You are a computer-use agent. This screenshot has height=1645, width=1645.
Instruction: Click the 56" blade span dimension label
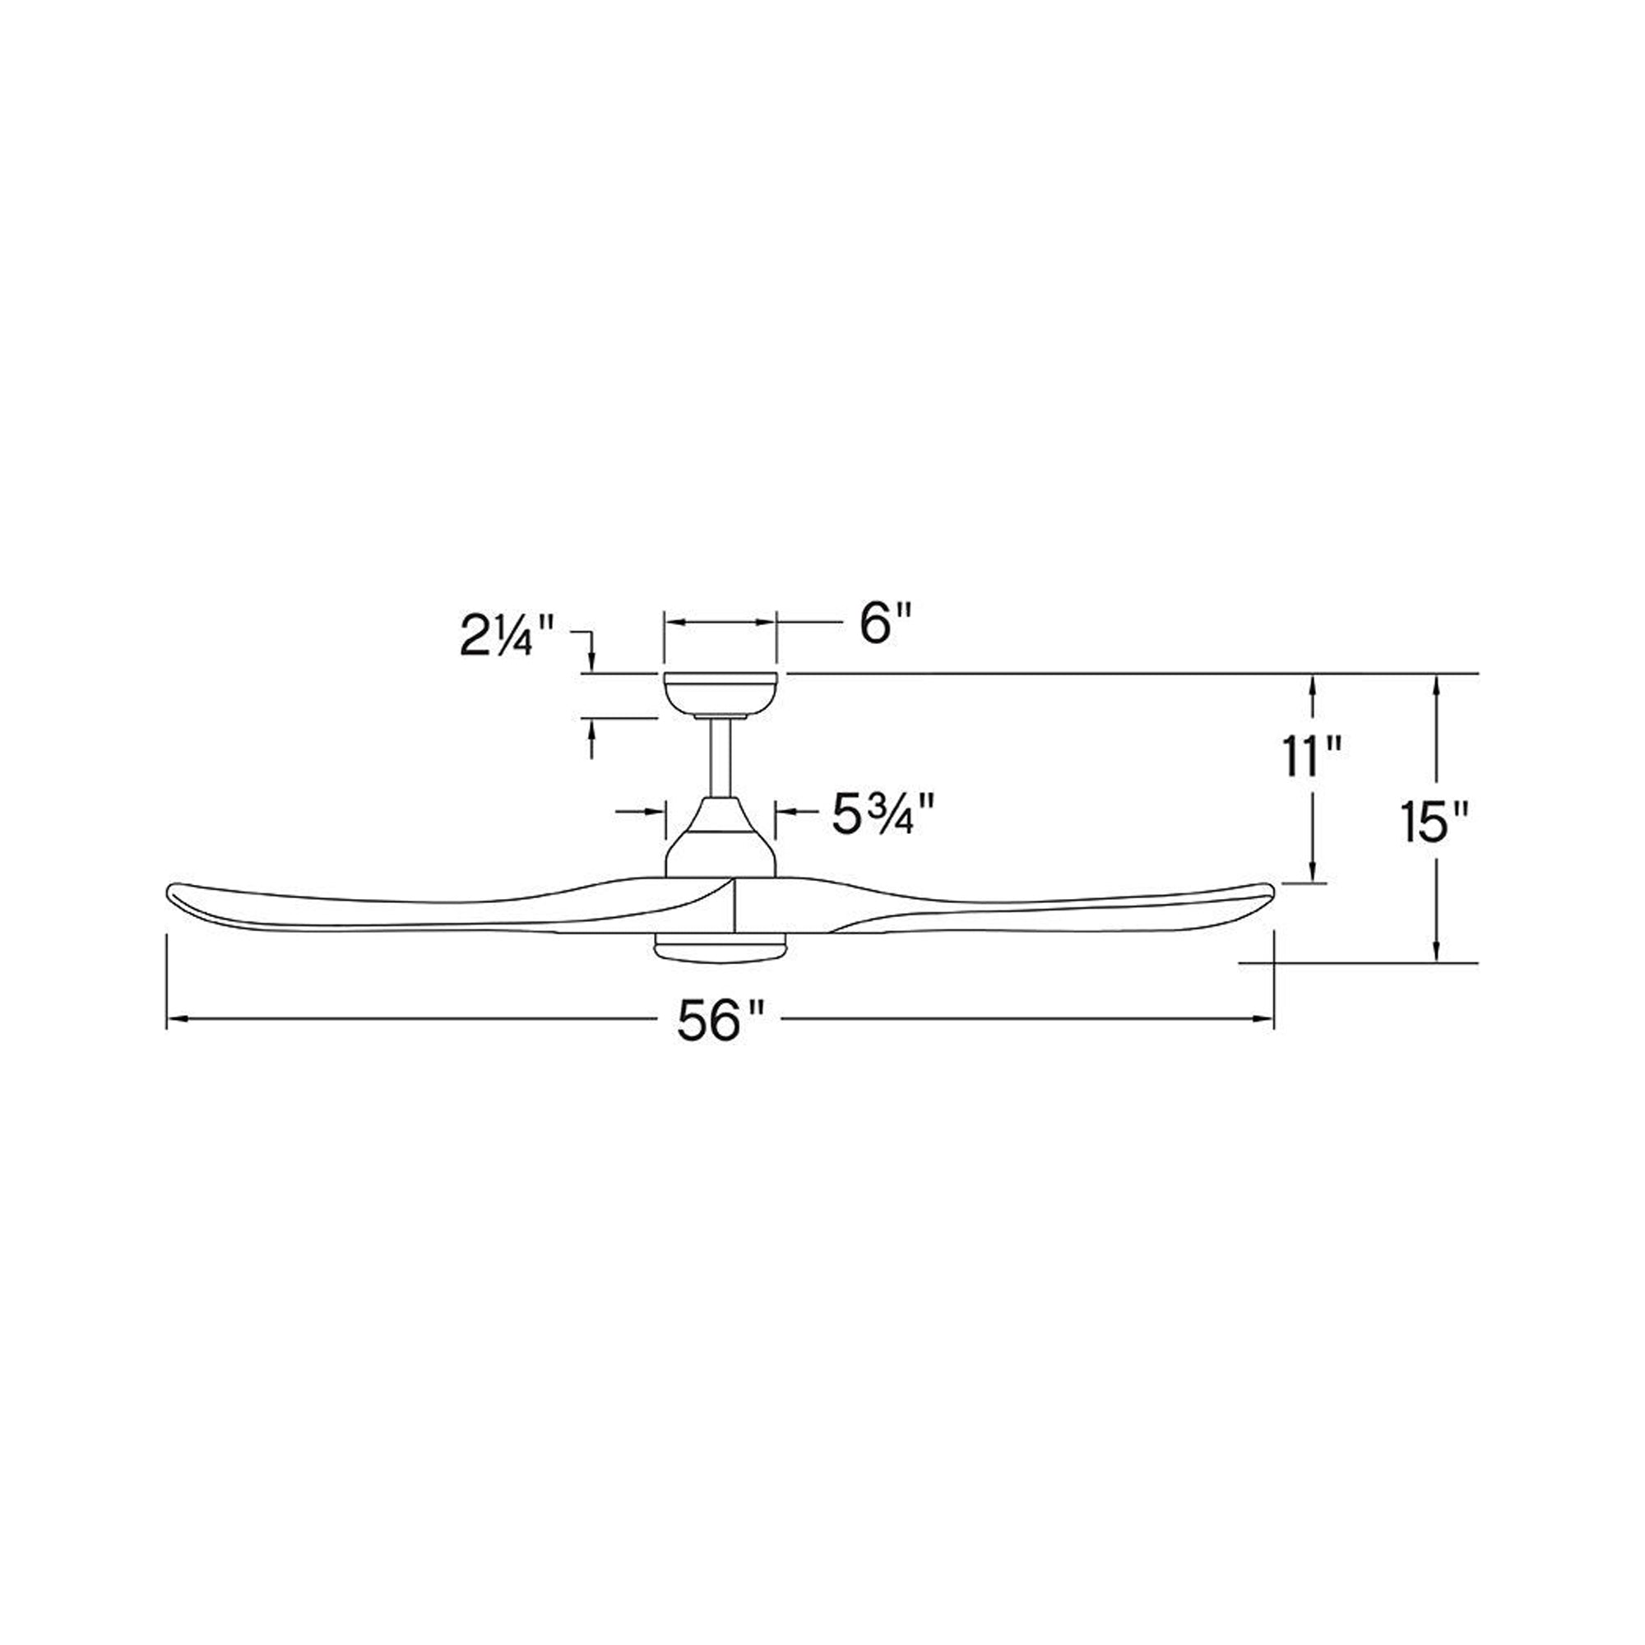point(721,1022)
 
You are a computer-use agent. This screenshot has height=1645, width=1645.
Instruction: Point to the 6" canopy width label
point(886,624)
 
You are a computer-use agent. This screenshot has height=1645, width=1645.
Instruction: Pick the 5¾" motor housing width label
point(886,816)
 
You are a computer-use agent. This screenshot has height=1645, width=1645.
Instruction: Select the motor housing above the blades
point(721,838)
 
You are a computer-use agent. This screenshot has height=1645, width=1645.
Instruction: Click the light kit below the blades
point(721,948)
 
